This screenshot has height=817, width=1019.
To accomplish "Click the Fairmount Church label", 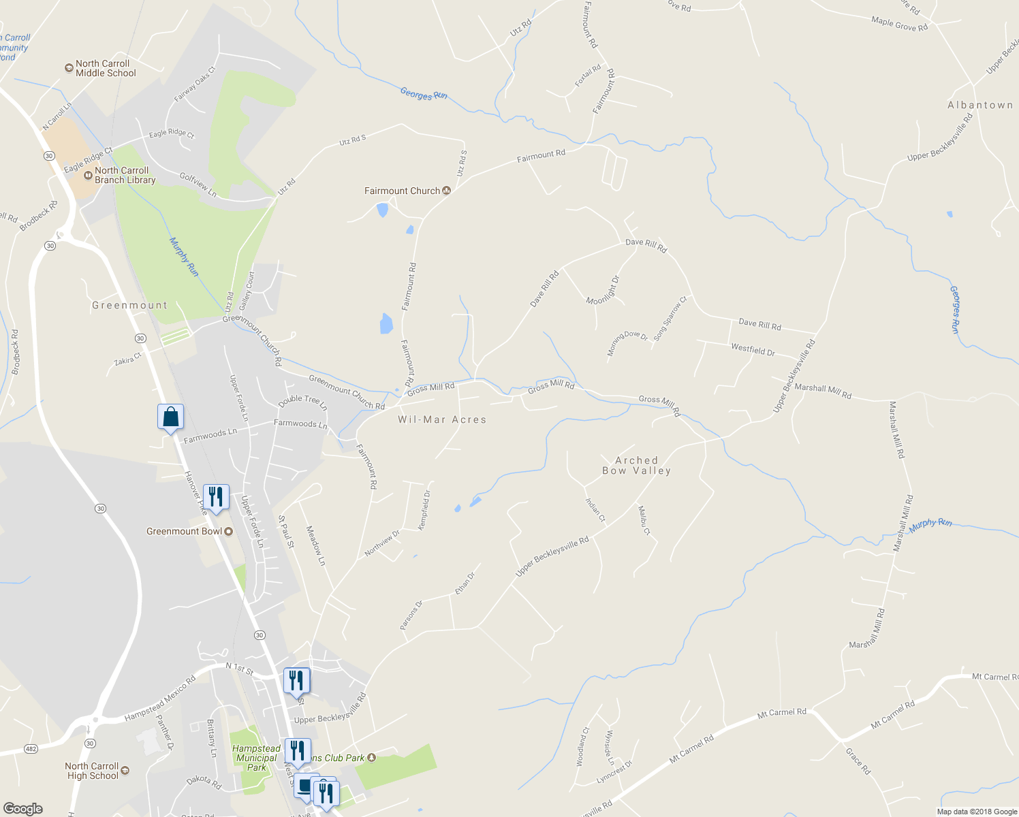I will coord(403,191).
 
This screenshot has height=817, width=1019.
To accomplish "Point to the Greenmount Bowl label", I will coord(184,531).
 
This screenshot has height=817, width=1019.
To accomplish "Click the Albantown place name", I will coord(980,105).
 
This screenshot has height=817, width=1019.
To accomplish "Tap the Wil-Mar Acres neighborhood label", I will coord(442,419).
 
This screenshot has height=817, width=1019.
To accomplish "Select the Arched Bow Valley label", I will coord(636,466).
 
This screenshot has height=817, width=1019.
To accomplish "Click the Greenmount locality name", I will coord(129,305).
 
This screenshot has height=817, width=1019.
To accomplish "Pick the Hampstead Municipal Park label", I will coord(256,758).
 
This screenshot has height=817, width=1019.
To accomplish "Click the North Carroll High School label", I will coord(92,771).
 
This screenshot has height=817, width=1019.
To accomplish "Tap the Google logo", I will coord(22,809).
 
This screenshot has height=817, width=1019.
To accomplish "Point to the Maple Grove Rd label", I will coord(899,24).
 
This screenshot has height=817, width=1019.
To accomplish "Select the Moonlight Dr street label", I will coord(603,289).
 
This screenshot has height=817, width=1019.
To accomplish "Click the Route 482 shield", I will coord(31,749).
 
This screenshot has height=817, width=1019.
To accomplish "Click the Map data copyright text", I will coord(976,811).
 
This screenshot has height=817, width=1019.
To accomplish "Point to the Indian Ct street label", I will coord(595,509).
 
